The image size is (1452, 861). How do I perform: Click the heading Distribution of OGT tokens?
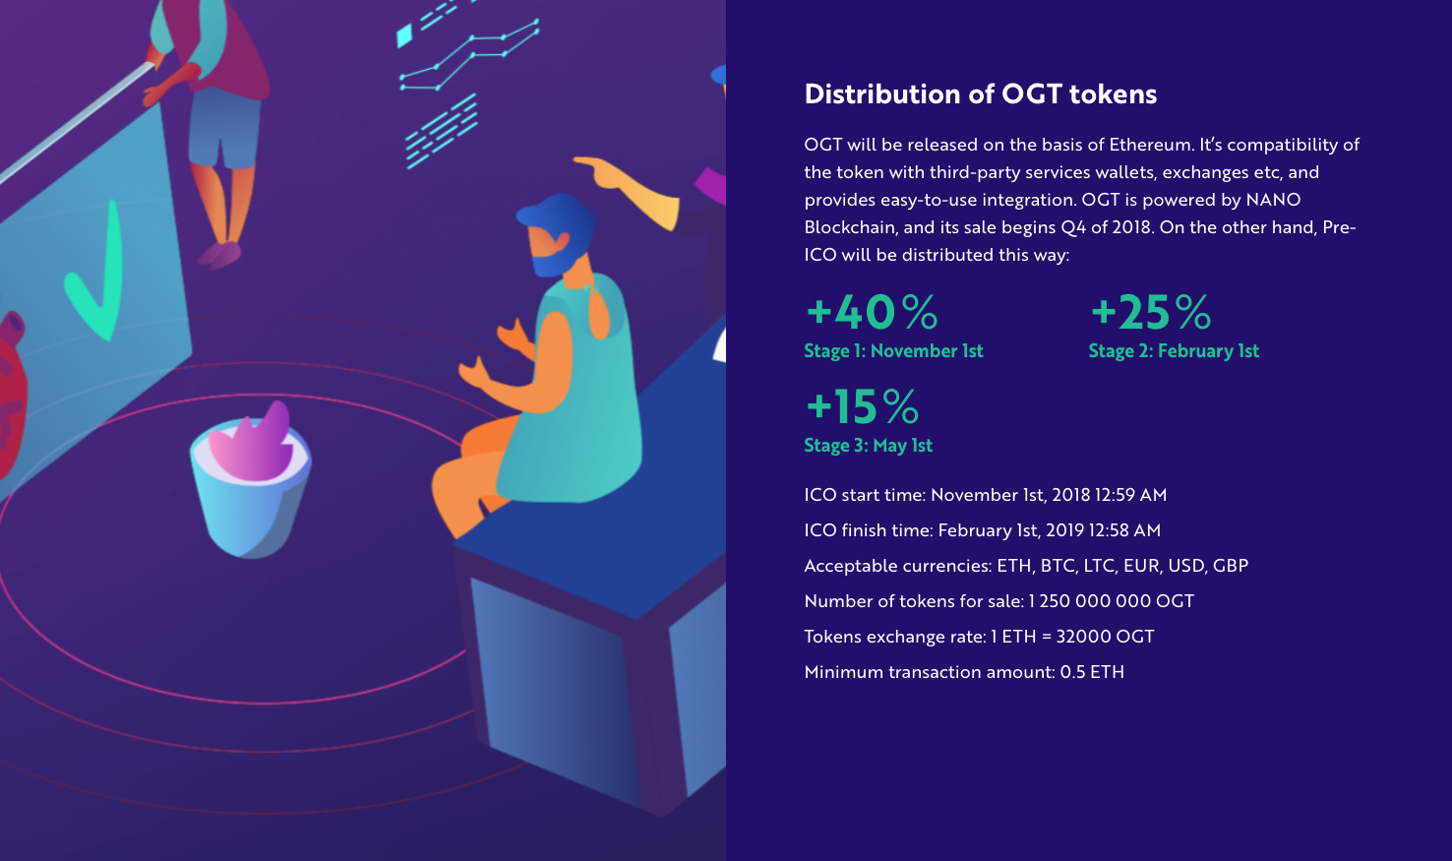coord(980,94)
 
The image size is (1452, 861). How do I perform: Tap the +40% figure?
coord(872,312)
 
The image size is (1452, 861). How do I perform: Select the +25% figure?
coord(1151,312)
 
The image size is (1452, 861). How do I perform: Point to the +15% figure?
coord(862,406)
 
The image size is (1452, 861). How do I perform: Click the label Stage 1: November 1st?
coord(893,350)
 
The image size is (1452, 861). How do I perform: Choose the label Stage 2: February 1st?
coord(1174,350)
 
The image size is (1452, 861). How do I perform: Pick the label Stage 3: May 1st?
coord(868,446)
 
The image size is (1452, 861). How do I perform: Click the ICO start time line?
coord(986,495)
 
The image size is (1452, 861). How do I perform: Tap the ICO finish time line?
coord(982,530)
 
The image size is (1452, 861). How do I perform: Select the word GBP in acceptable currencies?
coord(1231,566)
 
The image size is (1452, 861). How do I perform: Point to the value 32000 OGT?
coord(1105,637)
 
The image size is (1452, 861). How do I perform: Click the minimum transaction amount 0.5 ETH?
coord(1092,672)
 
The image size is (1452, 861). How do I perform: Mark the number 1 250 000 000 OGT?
coord(1111,601)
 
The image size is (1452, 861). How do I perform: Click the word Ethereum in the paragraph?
coord(1151,145)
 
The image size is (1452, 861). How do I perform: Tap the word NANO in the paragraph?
coord(1273,200)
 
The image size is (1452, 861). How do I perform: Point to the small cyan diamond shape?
coord(404,35)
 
